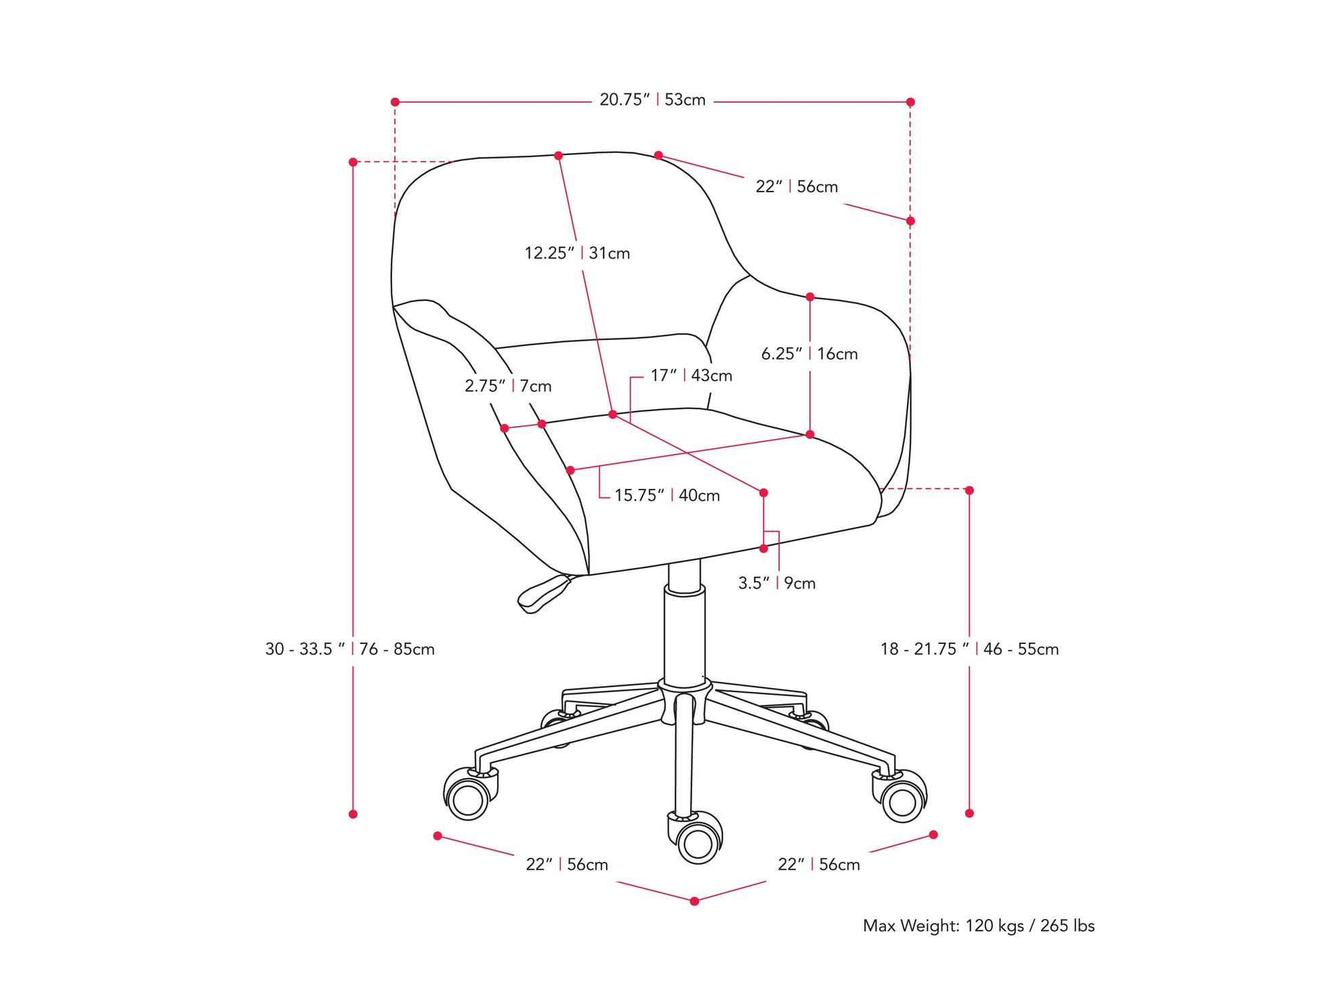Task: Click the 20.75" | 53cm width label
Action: [x=652, y=100]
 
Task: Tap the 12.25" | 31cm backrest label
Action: [x=577, y=253]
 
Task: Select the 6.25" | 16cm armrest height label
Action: [x=809, y=353]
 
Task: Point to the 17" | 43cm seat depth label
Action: [x=691, y=375]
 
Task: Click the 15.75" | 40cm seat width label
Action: [x=666, y=495]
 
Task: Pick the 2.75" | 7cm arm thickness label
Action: [x=508, y=386]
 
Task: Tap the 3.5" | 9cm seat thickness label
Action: [x=776, y=583]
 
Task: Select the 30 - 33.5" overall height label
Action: [x=349, y=649]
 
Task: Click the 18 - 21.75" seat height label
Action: [x=969, y=649]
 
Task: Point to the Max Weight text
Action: [x=978, y=926]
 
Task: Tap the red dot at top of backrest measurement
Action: [x=558, y=156]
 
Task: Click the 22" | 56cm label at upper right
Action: [x=796, y=187]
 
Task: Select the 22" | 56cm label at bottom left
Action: [x=567, y=865]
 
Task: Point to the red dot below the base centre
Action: [x=694, y=901]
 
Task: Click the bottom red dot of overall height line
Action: [x=353, y=814]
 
